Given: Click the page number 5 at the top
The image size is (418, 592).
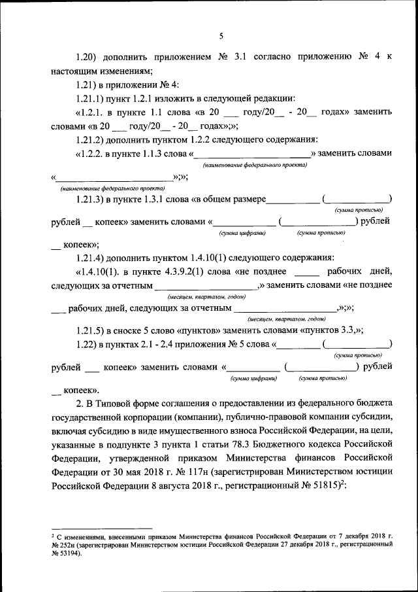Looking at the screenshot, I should [x=221, y=36].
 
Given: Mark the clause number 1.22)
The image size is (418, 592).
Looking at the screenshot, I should [x=87, y=344].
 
